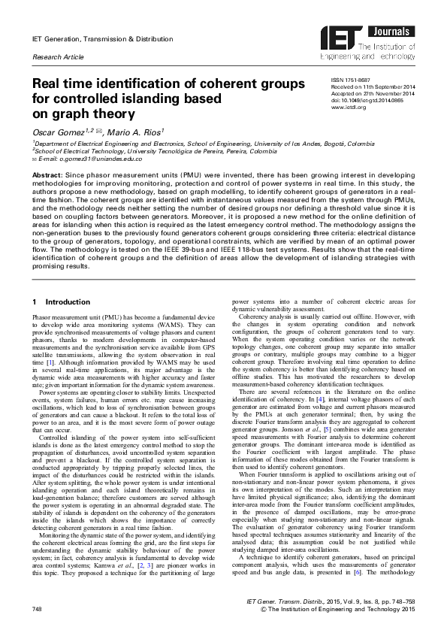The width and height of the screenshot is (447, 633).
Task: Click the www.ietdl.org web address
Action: pyautogui.click(x=348, y=106)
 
